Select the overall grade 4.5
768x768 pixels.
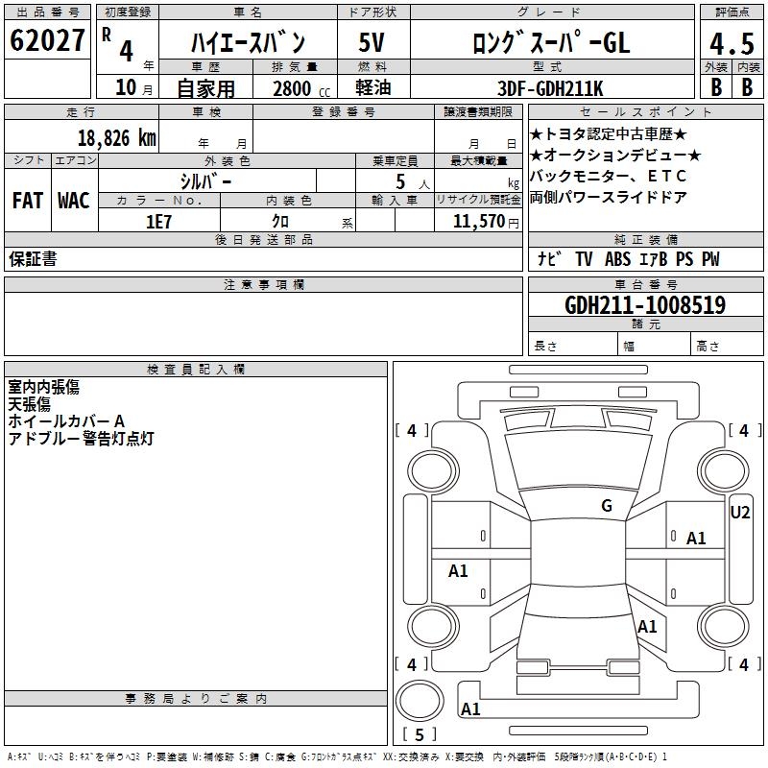pyautogui.click(x=730, y=44)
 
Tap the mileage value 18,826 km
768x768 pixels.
pyautogui.click(x=116, y=137)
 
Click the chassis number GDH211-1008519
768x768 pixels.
pyautogui.click(x=645, y=305)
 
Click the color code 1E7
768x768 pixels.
pyautogui.click(x=158, y=221)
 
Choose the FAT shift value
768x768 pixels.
pyautogui.click(x=28, y=201)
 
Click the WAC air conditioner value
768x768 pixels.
pyautogui.click(x=74, y=201)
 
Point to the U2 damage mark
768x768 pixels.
pyautogui.click(x=740, y=513)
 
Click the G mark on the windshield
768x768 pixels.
pyautogui.click(x=607, y=506)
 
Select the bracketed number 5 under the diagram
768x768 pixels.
pyautogui.click(x=420, y=735)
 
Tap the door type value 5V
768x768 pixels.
pyautogui.click(x=372, y=43)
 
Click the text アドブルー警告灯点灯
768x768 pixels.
pyautogui.click(x=81, y=439)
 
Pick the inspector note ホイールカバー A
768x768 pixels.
pyautogui.click(x=66, y=421)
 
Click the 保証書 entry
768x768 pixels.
pyautogui.click(x=33, y=259)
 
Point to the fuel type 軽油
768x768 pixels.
pyautogui.click(x=372, y=88)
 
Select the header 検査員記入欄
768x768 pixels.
pyautogui.click(x=196, y=370)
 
